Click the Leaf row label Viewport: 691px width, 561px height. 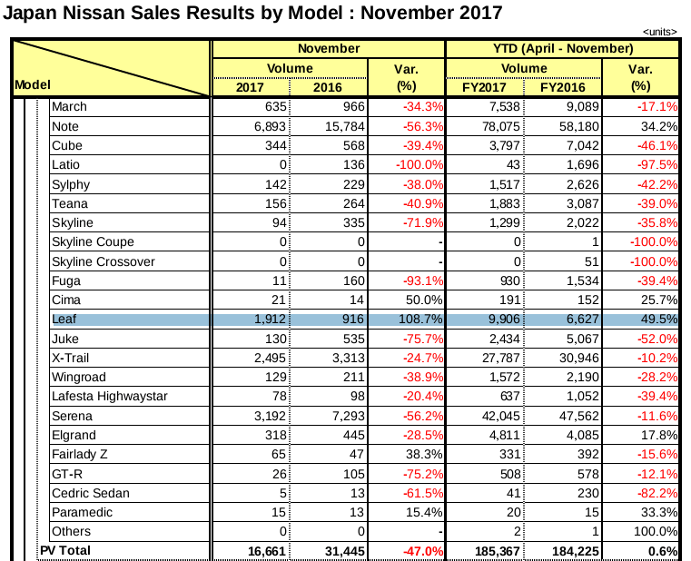pos(65,320)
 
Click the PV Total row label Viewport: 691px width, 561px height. pos(65,551)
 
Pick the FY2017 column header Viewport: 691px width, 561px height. pos(485,87)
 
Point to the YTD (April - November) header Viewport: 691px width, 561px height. pos(563,48)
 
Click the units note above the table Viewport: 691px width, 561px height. pos(659,32)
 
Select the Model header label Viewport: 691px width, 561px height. pos(31,84)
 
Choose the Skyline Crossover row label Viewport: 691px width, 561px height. pos(104,261)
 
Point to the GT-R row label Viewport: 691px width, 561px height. pos(67,474)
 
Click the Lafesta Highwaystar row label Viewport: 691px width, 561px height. pos(104,397)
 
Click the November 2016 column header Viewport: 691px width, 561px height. pos(328,87)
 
